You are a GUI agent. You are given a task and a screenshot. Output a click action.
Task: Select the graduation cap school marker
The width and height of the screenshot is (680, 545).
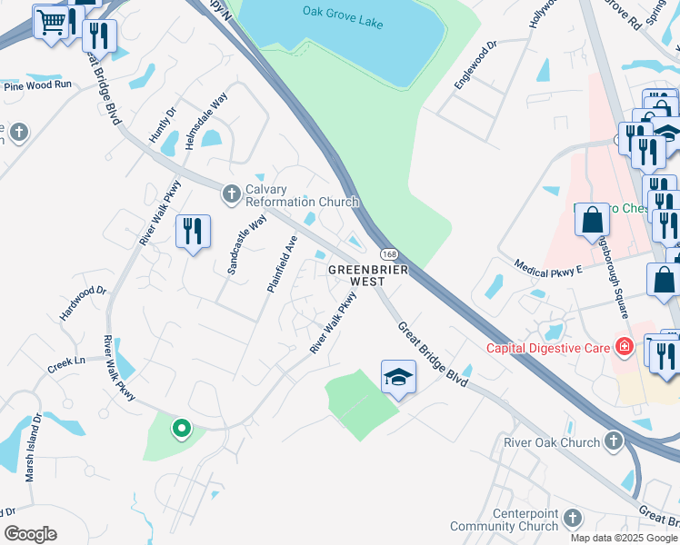398,376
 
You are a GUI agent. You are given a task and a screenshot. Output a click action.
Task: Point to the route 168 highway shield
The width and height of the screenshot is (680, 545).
388,253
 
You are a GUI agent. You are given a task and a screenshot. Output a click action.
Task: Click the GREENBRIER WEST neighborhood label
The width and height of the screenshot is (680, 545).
367,275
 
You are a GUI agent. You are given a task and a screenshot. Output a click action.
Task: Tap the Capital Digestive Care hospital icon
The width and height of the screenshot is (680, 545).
624,346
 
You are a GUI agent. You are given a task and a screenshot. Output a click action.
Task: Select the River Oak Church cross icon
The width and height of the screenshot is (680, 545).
614,442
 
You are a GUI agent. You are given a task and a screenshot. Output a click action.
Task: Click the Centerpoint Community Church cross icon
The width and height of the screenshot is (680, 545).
572,519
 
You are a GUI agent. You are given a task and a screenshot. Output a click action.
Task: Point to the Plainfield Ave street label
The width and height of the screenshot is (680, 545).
283,264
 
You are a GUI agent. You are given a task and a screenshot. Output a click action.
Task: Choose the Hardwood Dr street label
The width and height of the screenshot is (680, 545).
83,303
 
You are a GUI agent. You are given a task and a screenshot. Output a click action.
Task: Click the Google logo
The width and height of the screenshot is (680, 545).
30,534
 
